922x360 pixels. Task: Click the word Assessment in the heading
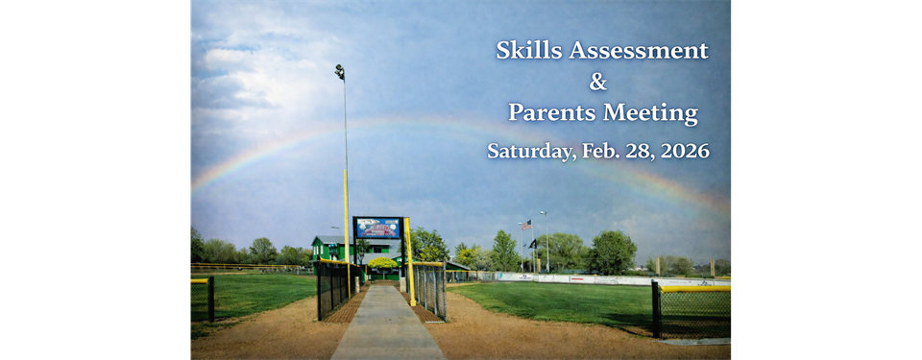[638, 51]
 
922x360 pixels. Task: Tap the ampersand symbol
[597, 83]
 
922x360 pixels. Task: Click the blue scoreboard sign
[377, 228]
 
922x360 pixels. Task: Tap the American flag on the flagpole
[525, 225]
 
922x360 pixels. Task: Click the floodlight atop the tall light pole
[340, 70]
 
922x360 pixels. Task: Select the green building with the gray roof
[329, 249]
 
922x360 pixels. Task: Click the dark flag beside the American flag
[533, 243]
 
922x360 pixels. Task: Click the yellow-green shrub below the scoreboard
[381, 264]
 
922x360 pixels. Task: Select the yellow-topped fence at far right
[692, 309]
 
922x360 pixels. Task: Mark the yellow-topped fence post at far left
[210, 298]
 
